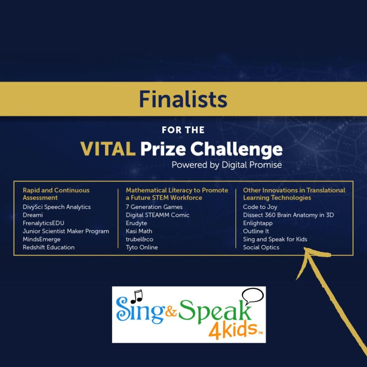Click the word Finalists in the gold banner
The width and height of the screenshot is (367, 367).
pyautogui.click(x=183, y=99)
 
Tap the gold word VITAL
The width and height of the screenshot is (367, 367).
pyautogui.click(x=108, y=149)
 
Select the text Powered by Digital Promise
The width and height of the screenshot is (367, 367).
pyautogui.click(x=227, y=165)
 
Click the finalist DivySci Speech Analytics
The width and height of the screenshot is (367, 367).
pyautogui.click(x=57, y=207)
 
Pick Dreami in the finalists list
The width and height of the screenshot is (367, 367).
pyautogui.click(x=33, y=215)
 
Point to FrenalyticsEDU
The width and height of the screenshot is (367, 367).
pyautogui.click(x=43, y=223)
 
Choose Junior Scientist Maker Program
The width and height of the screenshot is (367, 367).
pyautogui.click(x=66, y=232)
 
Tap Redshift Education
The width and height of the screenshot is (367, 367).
pyautogui.click(x=49, y=247)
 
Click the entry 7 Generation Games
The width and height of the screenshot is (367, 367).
pyautogui.click(x=154, y=207)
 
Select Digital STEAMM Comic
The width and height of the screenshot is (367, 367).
pyautogui.click(x=158, y=215)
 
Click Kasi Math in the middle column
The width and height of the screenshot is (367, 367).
pyautogui.click(x=139, y=231)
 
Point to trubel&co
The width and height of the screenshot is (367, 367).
pyautogui.click(x=139, y=239)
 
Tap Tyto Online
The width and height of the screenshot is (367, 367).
pyautogui.click(x=142, y=247)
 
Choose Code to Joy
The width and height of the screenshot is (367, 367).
pyautogui.click(x=260, y=207)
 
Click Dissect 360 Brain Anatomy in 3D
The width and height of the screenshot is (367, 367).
pyautogui.click(x=289, y=215)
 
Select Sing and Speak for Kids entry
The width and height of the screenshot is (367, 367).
pyautogui.click(x=275, y=239)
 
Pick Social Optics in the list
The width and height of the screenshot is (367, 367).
pyautogui.click(x=261, y=248)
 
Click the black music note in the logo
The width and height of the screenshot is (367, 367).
pyautogui.click(x=137, y=296)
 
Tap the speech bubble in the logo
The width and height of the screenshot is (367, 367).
pyautogui.click(x=253, y=296)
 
